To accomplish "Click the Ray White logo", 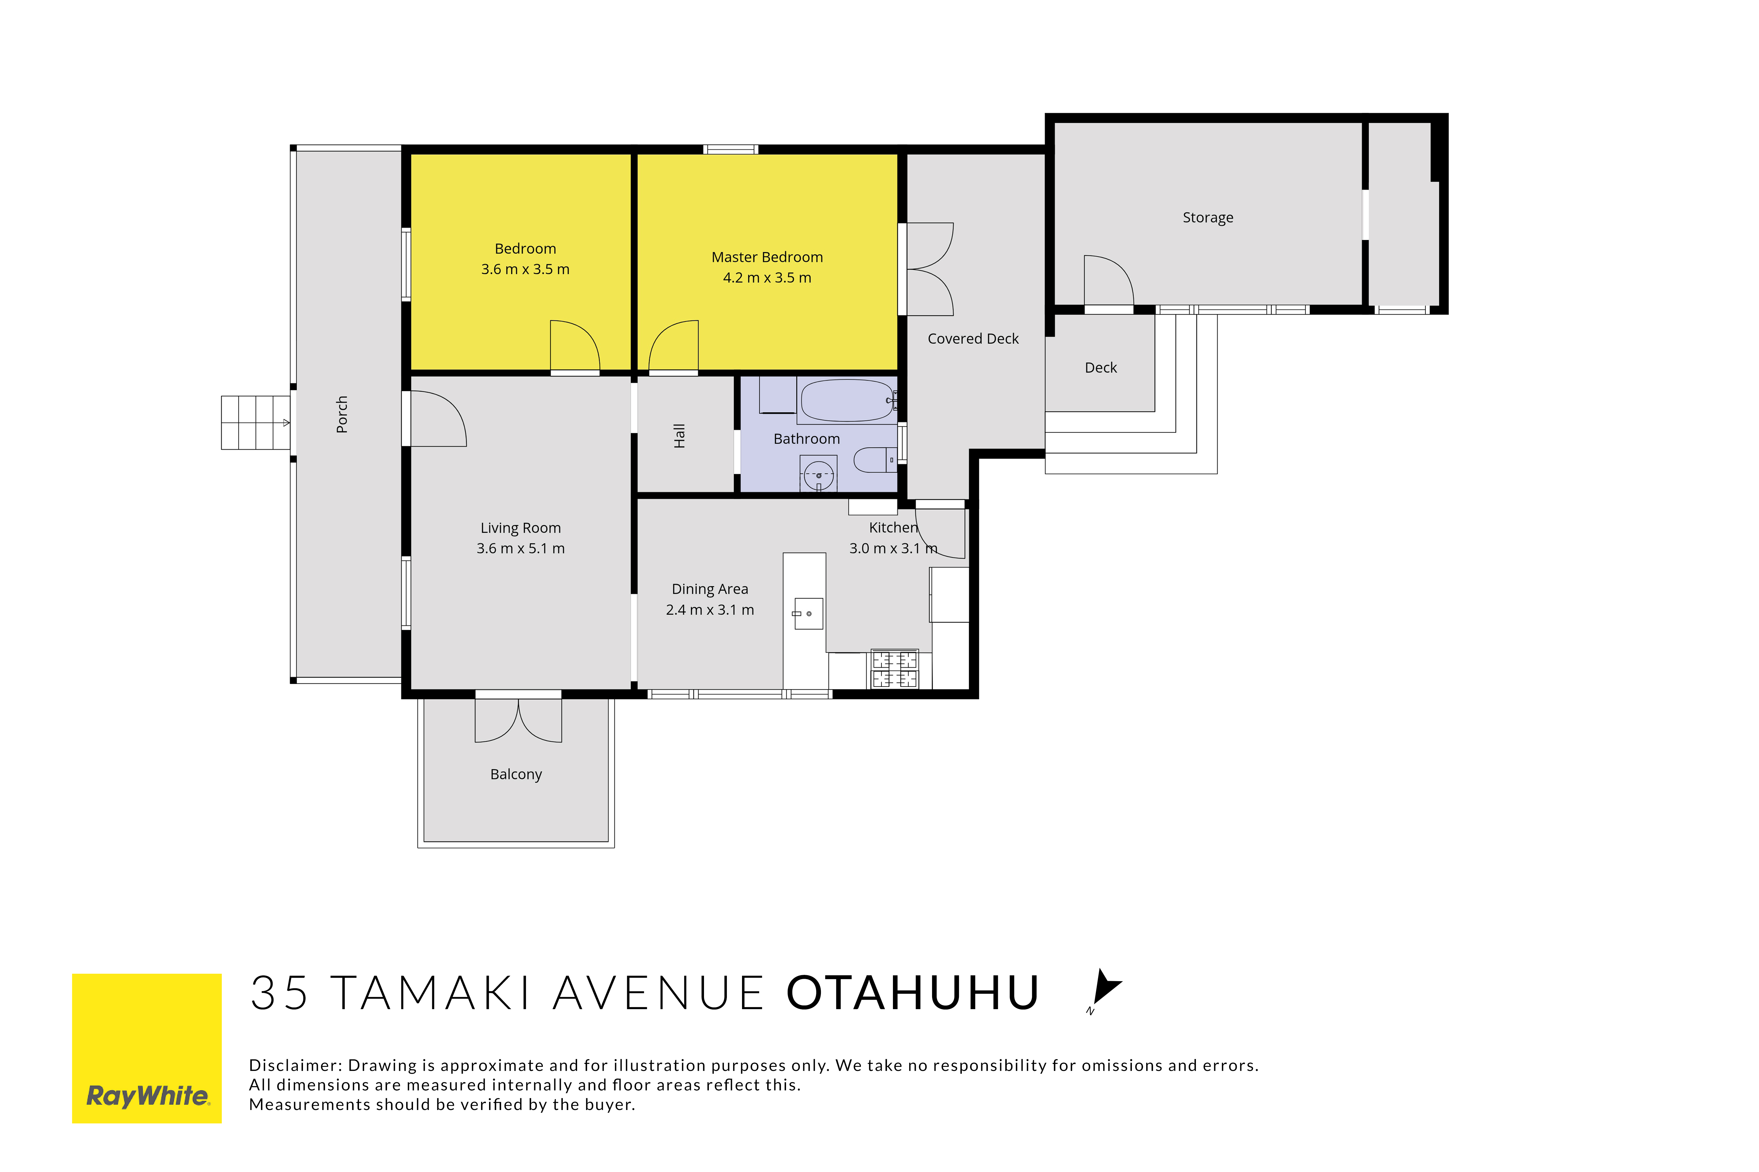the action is point(147,1048).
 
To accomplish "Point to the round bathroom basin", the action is point(819,474).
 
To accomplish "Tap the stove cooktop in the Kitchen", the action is point(894,669).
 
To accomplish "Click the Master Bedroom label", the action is point(767,257).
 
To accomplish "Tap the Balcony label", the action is point(516,774).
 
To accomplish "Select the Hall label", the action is point(679,436).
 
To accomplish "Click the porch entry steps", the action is point(256,422).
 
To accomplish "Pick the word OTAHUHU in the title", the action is point(913,993).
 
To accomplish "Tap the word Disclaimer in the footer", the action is point(295,1065).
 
